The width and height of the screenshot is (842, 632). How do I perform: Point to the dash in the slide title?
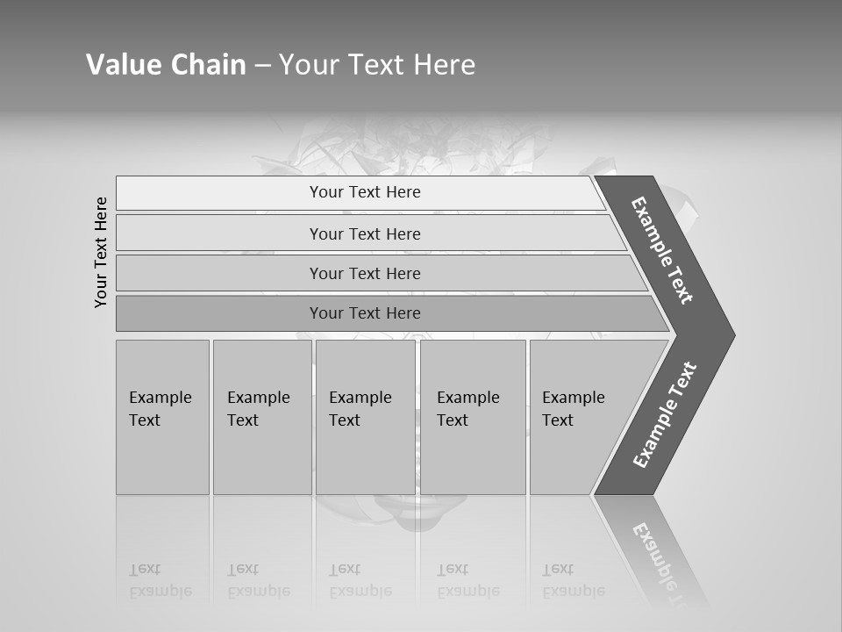tap(262, 66)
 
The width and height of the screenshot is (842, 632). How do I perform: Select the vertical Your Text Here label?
tap(102, 253)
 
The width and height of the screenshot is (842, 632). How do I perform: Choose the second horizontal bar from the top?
tap(364, 233)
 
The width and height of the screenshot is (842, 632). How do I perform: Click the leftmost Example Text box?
tap(162, 417)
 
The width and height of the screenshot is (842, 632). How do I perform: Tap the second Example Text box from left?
tap(262, 417)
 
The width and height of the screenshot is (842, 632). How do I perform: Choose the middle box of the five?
tap(365, 417)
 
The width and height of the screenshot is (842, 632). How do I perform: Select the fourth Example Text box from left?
tap(473, 417)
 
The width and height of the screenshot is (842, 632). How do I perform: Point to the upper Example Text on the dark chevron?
tap(662, 250)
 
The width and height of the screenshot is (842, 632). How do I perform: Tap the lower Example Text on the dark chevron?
tap(665, 414)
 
